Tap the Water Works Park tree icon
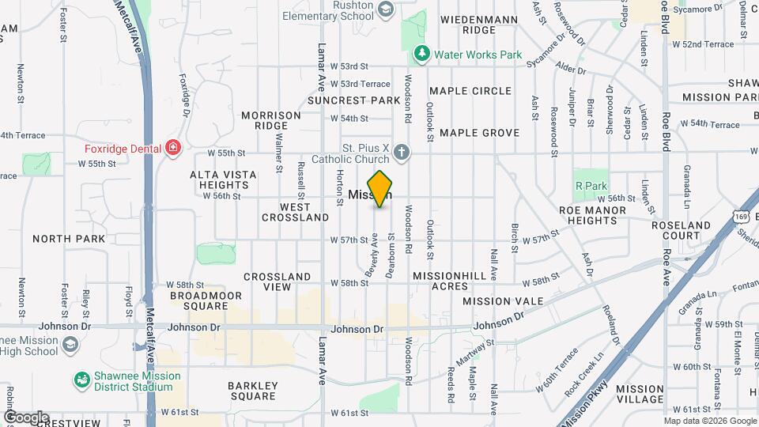(422, 54)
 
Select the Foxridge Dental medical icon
(173, 148)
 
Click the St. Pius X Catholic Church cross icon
(402, 151)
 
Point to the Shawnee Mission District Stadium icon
(81, 381)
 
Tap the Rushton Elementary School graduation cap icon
(386, 9)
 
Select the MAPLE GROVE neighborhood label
(479, 133)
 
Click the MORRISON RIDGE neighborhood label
(271, 120)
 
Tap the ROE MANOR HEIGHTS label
(603, 216)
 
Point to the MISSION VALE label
(503, 301)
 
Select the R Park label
(591, 186)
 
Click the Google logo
(26, 417)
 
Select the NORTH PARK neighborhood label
(69, 238)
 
